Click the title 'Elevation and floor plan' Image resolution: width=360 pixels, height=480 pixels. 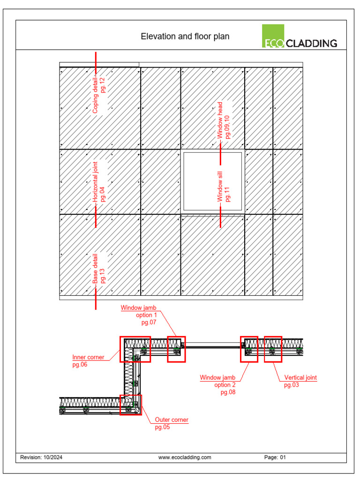185,37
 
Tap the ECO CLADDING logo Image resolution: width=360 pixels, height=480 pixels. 300,37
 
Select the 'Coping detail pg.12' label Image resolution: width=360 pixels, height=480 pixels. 99,95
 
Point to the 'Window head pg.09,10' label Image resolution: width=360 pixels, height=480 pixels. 224,120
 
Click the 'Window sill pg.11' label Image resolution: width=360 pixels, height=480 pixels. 224,187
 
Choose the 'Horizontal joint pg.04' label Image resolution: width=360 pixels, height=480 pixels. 99,179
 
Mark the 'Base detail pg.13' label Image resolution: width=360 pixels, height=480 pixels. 99,269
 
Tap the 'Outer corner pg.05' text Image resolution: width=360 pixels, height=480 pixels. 172,423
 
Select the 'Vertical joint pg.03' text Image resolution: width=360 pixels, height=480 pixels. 300,381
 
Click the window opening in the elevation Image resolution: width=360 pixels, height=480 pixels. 213,182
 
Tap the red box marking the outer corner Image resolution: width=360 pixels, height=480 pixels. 131,405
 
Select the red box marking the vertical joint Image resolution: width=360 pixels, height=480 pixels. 273,349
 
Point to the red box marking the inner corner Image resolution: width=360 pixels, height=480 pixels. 135,349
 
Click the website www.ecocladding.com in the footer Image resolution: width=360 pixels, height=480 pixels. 185,457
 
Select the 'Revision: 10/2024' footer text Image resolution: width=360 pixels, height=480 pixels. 41,457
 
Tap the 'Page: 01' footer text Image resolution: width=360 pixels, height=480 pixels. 275,457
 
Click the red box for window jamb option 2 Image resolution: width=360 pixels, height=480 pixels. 249,349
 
